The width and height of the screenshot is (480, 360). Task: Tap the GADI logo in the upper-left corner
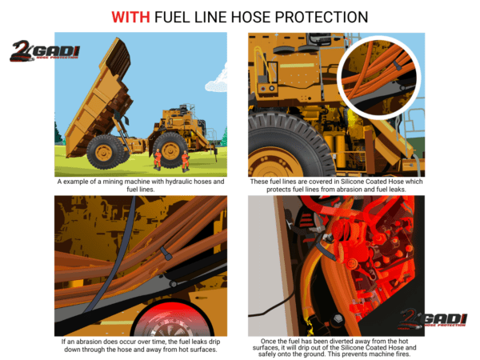coord(45,50)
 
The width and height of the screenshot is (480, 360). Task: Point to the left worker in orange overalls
coord(158,160)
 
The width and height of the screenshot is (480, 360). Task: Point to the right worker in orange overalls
coord(185,160)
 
